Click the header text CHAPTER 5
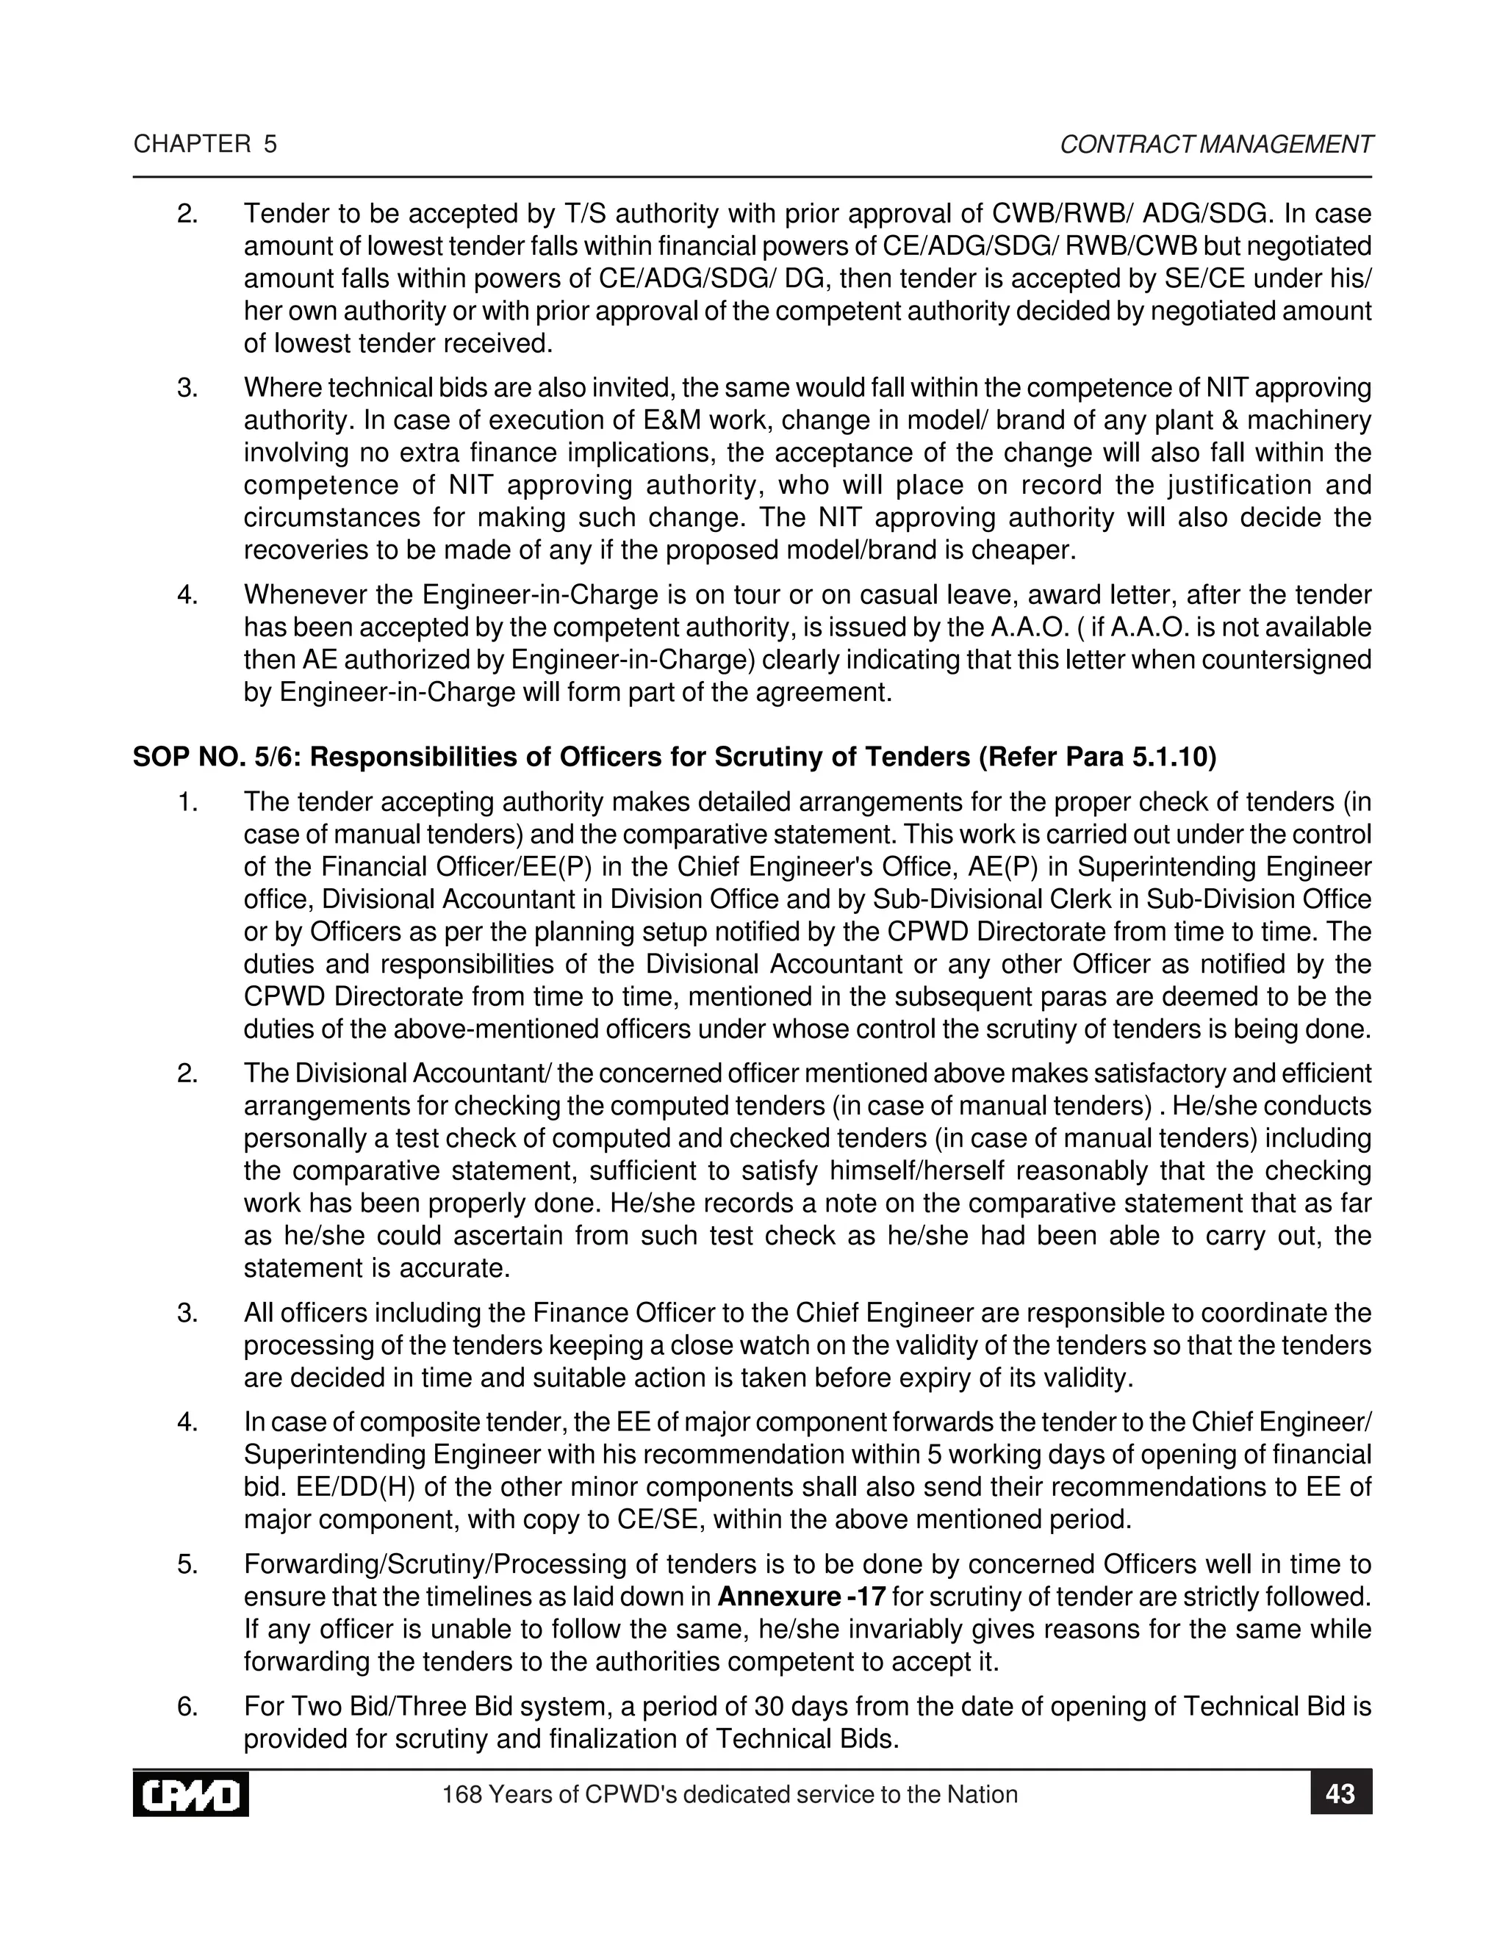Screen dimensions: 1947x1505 (x=205, y=145)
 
